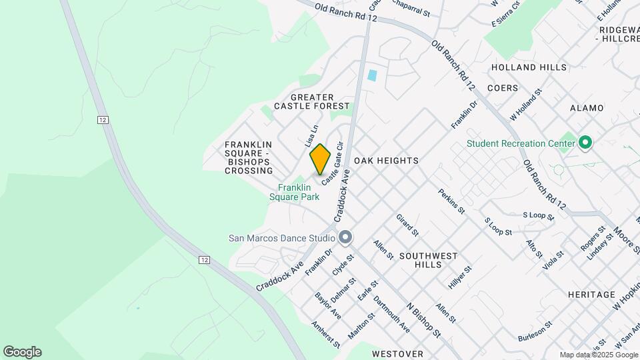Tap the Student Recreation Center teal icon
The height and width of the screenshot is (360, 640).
[x=585, y=143]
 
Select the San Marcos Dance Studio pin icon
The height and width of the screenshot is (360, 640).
[x=345, y=237]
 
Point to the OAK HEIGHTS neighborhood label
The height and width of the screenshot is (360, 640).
[x=386, y=161]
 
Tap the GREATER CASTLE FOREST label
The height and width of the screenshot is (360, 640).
[x=311, y=101]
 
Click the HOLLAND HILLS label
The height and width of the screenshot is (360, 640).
[x=528, y=67]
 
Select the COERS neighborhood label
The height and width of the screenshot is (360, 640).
[x=502, y=88]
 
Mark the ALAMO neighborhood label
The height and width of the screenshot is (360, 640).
[x=587, y=108]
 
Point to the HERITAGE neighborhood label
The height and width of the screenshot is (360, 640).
[x=591, y=294]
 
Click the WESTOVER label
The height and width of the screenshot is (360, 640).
[x=397, y=353]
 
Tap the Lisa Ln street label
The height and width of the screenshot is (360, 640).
[x=311, y=136]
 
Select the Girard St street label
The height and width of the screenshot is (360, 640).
[x=407, y=225]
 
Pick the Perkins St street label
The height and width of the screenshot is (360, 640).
[x=451, y=201]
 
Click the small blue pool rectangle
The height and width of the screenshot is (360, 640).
[x=372, y=75]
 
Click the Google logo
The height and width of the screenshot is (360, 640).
[x=22, y=352]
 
